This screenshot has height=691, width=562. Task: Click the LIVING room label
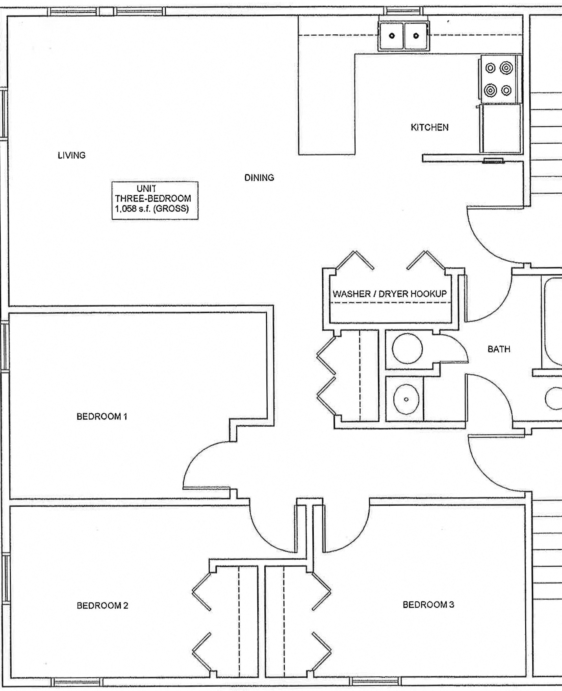71,155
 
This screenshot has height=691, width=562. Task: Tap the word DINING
259,178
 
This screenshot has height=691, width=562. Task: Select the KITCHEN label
430,127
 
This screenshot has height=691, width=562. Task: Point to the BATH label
499,349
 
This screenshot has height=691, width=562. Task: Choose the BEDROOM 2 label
102,605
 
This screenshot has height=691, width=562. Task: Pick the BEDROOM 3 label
428,605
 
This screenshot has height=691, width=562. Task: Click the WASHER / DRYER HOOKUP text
390,294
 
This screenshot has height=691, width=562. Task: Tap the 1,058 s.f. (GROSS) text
152,209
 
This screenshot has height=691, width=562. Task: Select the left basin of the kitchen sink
392,36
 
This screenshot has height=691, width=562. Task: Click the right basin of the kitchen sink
416,36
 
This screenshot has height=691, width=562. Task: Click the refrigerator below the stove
501,128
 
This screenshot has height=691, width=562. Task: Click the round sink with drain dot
406,399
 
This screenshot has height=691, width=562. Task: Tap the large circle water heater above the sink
407,349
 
